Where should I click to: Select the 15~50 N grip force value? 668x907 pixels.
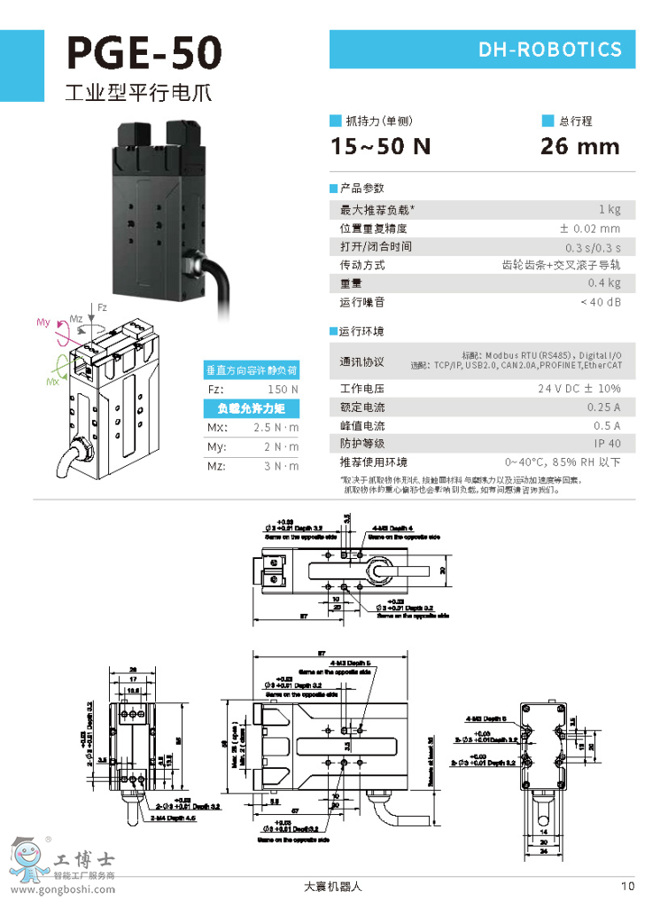coord(381,147)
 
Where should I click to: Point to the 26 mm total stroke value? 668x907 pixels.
coord(580,147)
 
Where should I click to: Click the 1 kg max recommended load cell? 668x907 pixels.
coord(610,210)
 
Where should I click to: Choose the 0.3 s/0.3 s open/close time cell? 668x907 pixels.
coord(593,247)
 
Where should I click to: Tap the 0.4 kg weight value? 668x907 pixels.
coord(604,283)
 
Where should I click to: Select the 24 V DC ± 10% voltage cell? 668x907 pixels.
coord(579,389)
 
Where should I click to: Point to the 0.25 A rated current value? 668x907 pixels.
coord(603,407)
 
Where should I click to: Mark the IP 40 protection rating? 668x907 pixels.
coord(607,444)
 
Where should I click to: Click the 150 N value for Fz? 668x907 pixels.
coord(283,390)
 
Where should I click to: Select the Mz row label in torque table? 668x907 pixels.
coord(215,466)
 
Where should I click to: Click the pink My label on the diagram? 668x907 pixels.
coord(43,323)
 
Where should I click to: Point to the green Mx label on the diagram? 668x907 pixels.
coord(54,382)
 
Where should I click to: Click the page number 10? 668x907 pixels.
coord(628,885)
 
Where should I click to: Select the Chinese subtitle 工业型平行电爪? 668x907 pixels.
coord(139,92)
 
